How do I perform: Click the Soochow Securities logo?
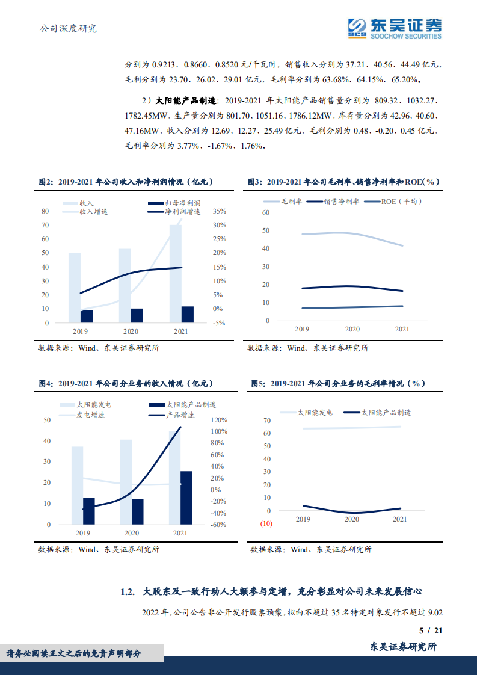(395, 28)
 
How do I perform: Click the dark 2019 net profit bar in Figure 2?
(87, 316)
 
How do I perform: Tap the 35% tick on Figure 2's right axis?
(218, 211)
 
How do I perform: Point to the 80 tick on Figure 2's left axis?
(45, 211)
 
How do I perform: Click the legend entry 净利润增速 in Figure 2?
(183, 212)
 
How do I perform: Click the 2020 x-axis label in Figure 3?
(352, 329)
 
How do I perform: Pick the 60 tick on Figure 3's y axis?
(266, 213)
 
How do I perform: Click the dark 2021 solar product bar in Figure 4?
(186, 498)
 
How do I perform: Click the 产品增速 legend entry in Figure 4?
(179, 415)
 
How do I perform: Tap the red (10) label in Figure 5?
(265, 523)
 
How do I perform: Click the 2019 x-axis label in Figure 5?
(303, 519)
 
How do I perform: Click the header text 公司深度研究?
(67, 28)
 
